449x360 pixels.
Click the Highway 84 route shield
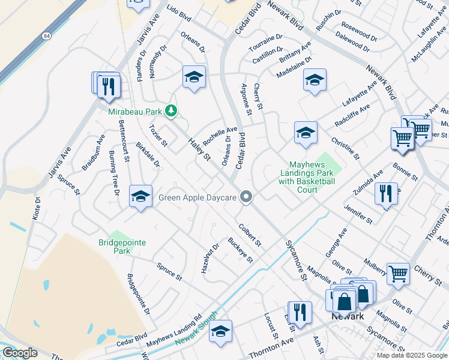pos(47,37)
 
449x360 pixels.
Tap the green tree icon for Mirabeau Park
pos(171,110)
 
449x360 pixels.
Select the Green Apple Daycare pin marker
pos(246,197)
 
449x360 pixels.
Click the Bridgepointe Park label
pos(122,247)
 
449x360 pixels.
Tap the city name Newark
pos(348,316)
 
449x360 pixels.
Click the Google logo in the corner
pos(20,353)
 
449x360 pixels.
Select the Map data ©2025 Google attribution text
pos(412,355)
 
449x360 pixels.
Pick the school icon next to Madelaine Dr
pos(315,80)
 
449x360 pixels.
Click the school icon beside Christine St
pos(306,133)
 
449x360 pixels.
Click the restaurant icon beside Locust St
pos(300,312)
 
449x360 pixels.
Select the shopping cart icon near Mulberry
pos(398,274)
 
